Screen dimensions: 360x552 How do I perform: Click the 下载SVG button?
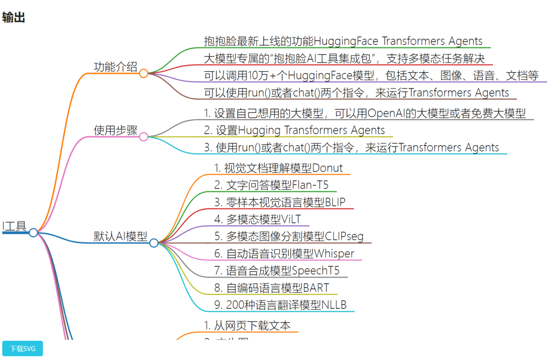tap(23, 349)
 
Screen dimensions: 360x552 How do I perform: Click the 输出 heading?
tap(13, 18)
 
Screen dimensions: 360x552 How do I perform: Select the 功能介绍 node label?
tap(115, 67)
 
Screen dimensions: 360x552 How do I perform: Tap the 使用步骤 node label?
tap(115, 130)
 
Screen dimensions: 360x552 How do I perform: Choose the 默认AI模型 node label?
tap(120, 236)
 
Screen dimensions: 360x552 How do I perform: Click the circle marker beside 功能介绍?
tap(143, 73)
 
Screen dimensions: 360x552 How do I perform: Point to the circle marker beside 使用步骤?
tap(143, 137)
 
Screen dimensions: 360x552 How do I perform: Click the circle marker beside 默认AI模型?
tap(154, 243)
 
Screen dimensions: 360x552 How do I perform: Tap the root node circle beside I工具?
tap(34, 232)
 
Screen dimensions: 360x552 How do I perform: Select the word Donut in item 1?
tap(327, 168)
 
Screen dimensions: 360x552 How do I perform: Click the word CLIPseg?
tap(344, 236)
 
